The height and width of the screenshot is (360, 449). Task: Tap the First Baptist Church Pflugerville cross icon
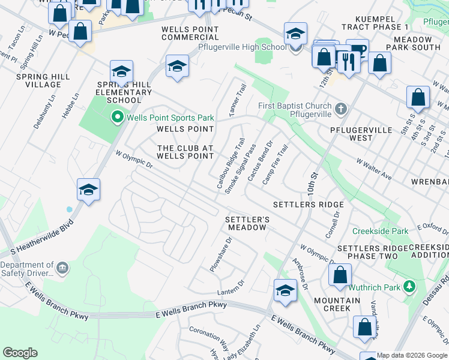pos(341,109)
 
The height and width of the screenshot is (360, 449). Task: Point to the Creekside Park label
pos(380,231)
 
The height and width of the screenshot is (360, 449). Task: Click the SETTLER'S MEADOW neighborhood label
pos(246,224)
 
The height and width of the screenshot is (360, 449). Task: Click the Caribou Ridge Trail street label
pos(231,162)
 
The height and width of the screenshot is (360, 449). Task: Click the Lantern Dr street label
pos(232,287)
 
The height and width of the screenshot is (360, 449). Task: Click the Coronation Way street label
pos(209,338)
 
